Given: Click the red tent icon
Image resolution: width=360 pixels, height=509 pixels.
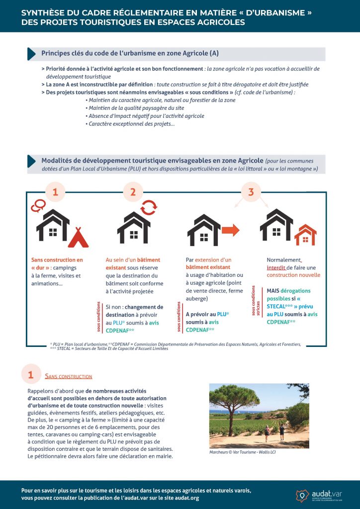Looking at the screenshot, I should [x=78, y=238].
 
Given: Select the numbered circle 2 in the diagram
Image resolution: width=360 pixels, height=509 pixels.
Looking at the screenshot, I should [x=133, y=192].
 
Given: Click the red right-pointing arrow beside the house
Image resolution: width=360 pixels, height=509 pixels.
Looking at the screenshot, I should [x=229, y=229].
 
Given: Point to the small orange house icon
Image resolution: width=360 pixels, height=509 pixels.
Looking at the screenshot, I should [x=305, y=235].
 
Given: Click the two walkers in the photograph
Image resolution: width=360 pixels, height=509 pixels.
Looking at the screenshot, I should [x=274, y=432].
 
